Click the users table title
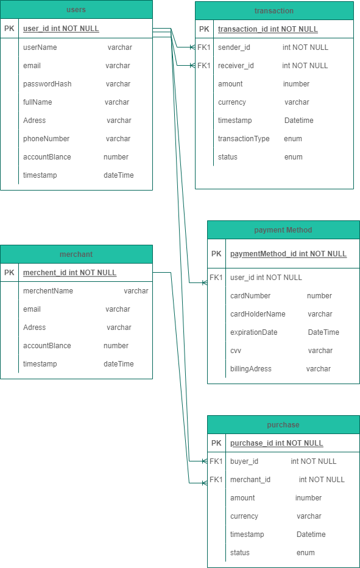[76, 10]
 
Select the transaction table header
[274, 11]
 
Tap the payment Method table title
[283, 230]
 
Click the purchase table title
[283, 425]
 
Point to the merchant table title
[76, 254]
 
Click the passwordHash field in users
[47, 84]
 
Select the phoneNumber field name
[46, 139]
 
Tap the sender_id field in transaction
[234, 47]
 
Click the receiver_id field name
[236, 66]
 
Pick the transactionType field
[244, 139]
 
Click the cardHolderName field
[258, 314]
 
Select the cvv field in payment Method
[236, 351]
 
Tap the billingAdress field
[251, 369]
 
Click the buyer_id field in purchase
[244, 461]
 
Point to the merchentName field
[48, 291]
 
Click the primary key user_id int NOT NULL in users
[61, 29]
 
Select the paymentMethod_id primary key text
[288, 254]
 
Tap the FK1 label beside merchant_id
[216, 480]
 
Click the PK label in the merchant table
[9, 272]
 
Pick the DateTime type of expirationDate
[323, 332]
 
